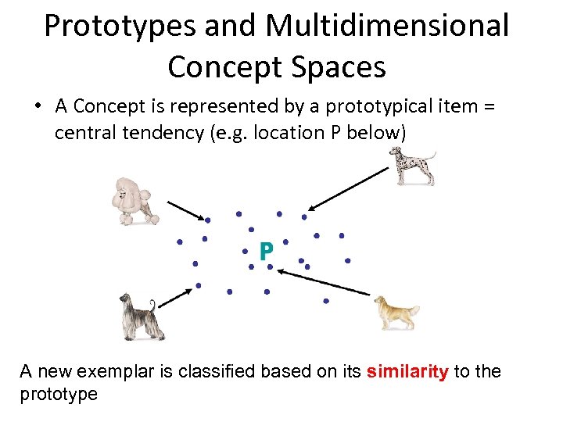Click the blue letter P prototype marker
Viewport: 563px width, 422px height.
point(266,251)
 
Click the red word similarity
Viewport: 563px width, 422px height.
point(407,371)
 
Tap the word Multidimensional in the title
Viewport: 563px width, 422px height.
point(387,26)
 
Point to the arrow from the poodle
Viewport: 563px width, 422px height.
point(185,210)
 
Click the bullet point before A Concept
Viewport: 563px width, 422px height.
point(40,106)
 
